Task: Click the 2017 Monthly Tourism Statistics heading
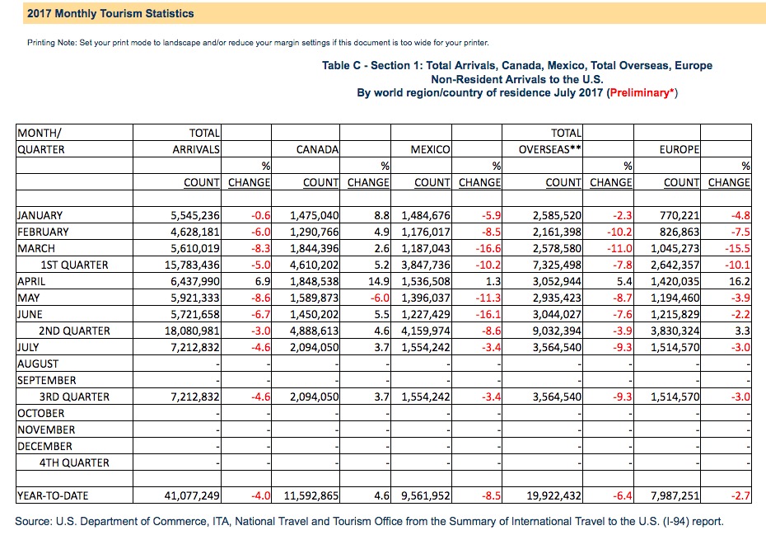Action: click(110, 14)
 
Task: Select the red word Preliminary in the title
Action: click(639, 93)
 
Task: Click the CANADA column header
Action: click(318, 150)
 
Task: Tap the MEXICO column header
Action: click(431, 150)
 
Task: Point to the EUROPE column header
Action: click(679, 150)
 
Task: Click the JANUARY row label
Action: click(40, 216)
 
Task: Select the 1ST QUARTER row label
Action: click(74, 265)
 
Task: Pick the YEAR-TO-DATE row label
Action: click(53, 496)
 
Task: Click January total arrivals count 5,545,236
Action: click(195, 216)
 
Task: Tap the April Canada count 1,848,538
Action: click(314, 282)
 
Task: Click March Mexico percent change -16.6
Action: click(488, 248)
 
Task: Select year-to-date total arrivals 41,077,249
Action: click(192, 496)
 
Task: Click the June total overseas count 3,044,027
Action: click(557, 314)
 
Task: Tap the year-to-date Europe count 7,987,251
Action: click(675, 496)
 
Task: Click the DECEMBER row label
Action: click(44, 447)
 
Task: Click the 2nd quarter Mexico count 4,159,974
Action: click(426, 331)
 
